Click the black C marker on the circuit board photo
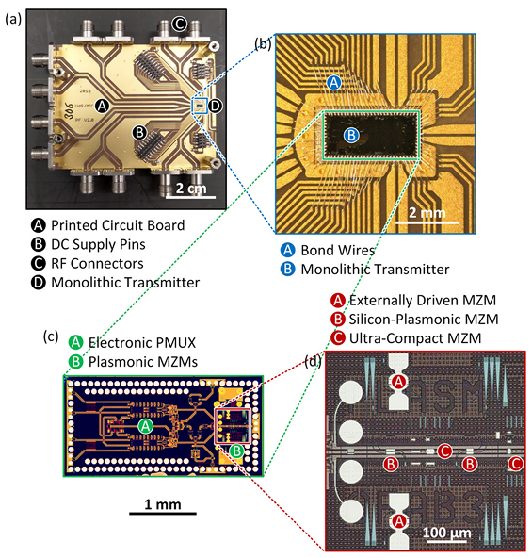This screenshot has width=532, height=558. click(179, 25)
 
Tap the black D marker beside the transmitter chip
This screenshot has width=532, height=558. click(215, 106)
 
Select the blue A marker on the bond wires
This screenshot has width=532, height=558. click(333, 83)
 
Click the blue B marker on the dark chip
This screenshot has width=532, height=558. click(351, 135)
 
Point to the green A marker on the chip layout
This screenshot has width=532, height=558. click(145, 426)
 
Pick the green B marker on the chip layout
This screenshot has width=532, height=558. click(236, 451)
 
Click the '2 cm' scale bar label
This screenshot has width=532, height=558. click(191, 189)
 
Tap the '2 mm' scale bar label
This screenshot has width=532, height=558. click(427, 213)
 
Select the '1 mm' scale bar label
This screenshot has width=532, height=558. click(163, 504)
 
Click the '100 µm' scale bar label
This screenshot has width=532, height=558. click(446, 533)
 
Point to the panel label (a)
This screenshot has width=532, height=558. click(13, 19)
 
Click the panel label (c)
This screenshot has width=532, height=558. click(51, 336)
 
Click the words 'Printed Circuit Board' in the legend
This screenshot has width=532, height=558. click(118, 225)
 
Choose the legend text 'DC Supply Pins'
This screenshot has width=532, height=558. click(99, 244)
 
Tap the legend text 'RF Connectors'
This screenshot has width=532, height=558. click(97, 264)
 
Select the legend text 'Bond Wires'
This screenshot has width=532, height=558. click(338, 250)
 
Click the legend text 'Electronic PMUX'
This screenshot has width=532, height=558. click(142, 343)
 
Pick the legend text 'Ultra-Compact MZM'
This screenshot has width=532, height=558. click(415, 338)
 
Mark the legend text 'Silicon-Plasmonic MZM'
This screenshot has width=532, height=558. click(424, 320)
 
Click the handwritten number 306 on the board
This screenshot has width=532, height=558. click(70, 111)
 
